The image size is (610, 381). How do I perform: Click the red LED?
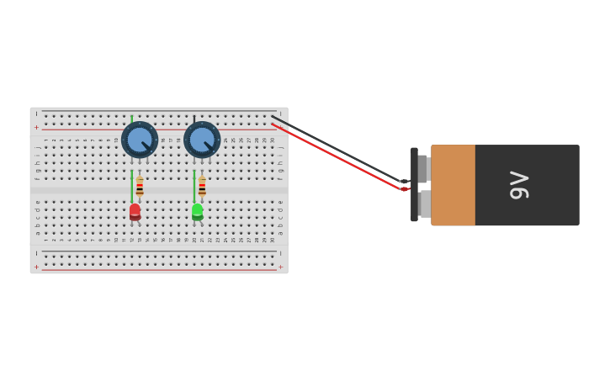tap(135, 211)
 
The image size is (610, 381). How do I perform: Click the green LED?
tap(197, 211)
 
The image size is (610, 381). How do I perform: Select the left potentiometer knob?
tap(139, 140)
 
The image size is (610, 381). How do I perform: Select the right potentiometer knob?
tap(202, 140)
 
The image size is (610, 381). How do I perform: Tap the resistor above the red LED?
tap(140, 187)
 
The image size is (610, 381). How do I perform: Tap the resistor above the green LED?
tap(202, 187)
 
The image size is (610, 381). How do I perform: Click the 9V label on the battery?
tap(519, 185)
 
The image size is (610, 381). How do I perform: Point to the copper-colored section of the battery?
tap(453, 185)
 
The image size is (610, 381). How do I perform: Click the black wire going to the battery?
tap(337, 148)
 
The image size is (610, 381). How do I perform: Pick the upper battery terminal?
tap(423, 168)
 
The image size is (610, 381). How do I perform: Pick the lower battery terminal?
tap(425, 204)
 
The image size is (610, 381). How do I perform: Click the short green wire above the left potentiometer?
tap(131, 119)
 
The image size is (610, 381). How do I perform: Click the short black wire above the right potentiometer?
tap(194, 119)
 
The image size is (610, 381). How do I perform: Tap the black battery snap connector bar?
tap(414, 185)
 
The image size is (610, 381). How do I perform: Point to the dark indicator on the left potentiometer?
tap(147, 147)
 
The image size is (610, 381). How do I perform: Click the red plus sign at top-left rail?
tap(36, 127)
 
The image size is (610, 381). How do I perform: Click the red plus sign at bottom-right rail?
tap(280, 267)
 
